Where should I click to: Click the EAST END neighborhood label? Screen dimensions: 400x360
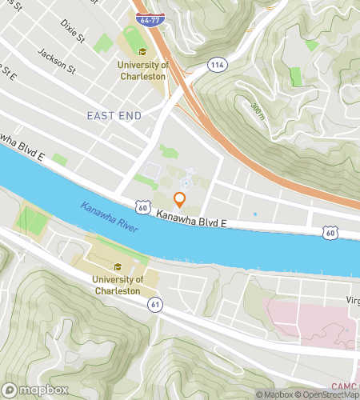[114, 116]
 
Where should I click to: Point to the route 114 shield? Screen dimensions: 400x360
[217, 63]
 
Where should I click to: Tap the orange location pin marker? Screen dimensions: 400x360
[180, 200]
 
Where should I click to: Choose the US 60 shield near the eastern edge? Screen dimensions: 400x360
[330, 232]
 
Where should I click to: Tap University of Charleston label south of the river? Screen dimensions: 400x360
[118, 285]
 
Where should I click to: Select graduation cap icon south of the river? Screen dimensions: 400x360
[118, 267]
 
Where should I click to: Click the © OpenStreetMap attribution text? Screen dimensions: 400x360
[328, 394]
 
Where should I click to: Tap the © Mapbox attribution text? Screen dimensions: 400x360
[274, 394]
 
